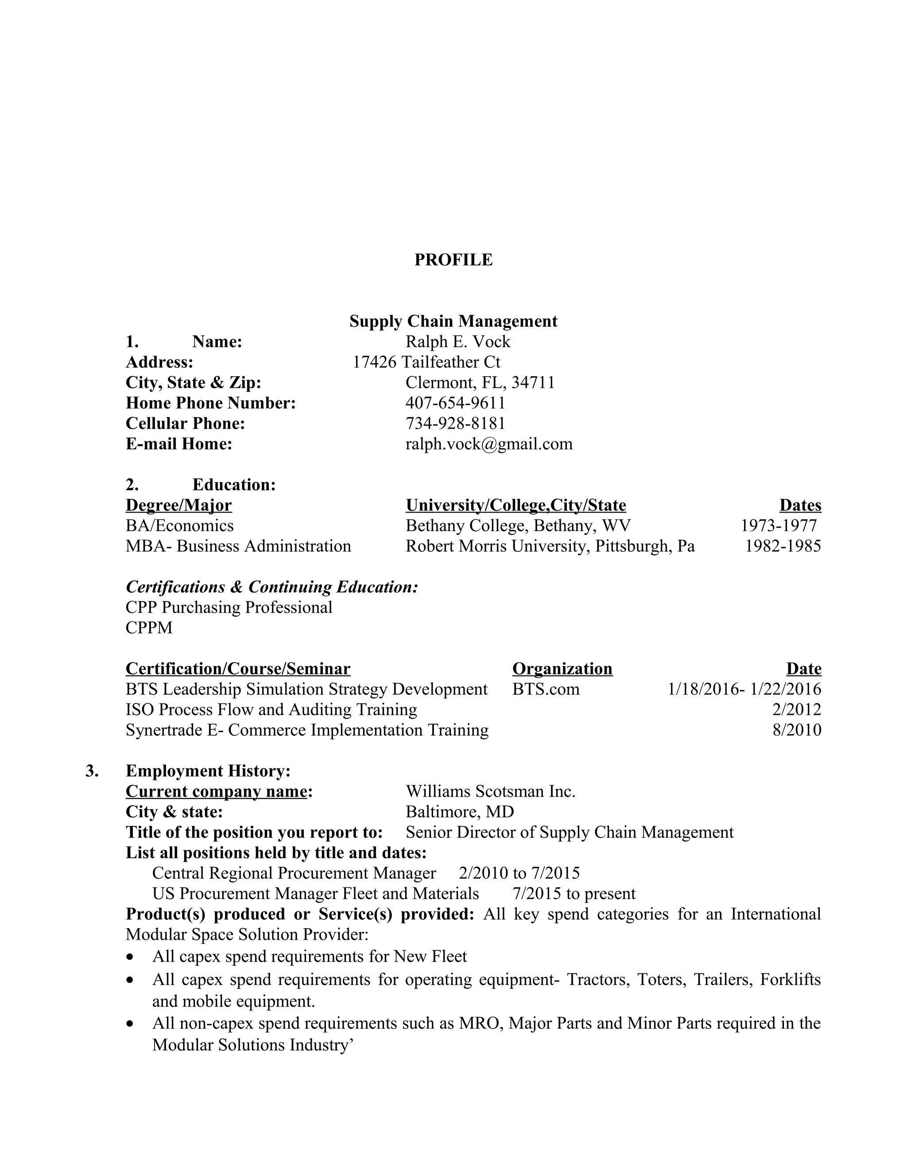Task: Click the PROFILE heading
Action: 453,260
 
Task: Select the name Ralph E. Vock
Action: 458,342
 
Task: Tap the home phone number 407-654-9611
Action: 455,403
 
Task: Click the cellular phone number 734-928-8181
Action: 455,423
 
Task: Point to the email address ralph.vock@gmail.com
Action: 489,444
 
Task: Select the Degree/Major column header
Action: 178,505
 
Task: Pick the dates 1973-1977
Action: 778,525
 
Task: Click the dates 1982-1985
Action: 783,546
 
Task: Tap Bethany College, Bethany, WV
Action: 518,525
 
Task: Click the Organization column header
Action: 562,669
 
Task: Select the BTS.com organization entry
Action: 546,689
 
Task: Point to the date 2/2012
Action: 796,710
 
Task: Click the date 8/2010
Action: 796,730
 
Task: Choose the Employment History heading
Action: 208,771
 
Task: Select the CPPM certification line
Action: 149,628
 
